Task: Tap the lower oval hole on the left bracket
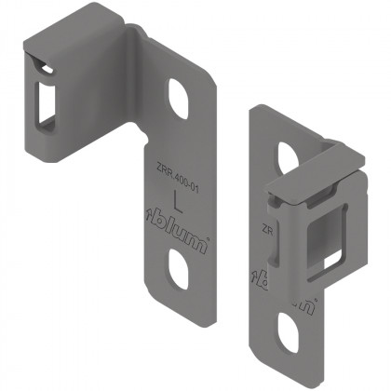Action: [179, 270]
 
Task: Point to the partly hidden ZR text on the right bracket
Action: [266, 227]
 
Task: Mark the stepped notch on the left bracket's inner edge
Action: [149, 140]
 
